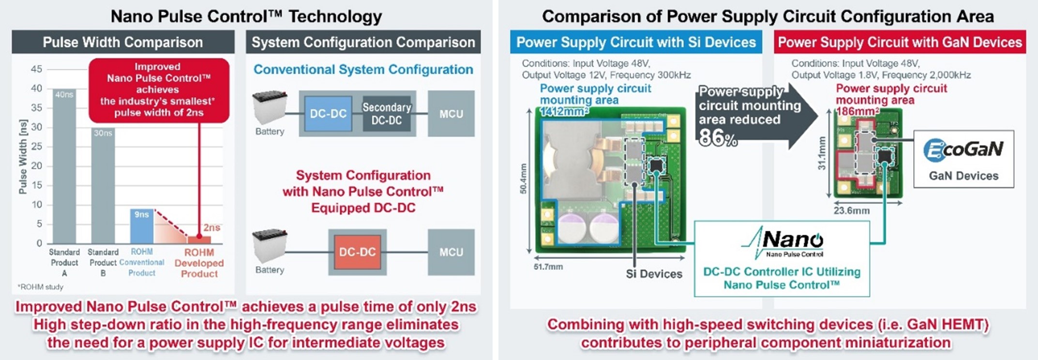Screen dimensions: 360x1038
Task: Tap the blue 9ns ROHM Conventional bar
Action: tap(141, 226)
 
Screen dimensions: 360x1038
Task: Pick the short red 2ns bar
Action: tap(199, 240)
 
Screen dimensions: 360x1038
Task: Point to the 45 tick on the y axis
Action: tap(36, 69)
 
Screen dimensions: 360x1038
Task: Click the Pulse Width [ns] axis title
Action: tap(23, 156)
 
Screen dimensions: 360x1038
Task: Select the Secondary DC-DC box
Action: tap(386, 114)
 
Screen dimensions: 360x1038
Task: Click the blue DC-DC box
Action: tap(328, 114)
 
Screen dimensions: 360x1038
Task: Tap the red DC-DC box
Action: tap(357, 252)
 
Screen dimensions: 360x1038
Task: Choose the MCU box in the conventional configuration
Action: tap(451, 114)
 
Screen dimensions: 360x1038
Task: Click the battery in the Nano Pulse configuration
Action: tap(270, 246)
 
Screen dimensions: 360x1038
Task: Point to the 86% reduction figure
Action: tap(718, 139)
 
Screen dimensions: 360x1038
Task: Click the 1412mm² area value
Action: tap(565, 112)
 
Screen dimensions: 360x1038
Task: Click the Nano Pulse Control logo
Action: tap(782, 242)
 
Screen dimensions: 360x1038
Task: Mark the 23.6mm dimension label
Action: tap(851, 210)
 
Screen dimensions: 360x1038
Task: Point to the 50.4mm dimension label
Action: tap(524, 179)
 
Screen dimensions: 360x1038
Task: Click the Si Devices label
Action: tap(654, 274)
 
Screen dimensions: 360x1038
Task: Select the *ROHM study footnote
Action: tap(41, 287)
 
